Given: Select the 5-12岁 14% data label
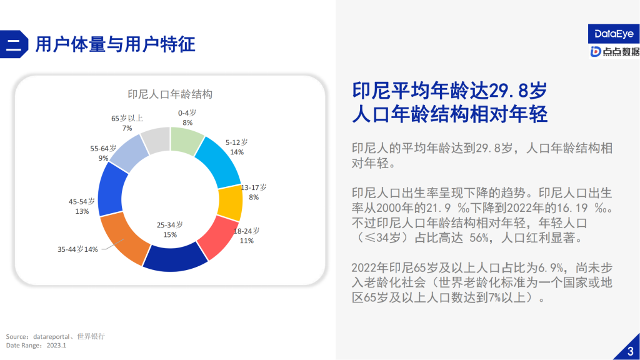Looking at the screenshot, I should pos(236,147).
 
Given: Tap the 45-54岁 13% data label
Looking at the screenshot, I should pos(82,206).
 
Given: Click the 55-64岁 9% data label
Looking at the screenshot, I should pos(103,153).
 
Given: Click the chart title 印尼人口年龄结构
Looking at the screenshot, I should pos(170,94).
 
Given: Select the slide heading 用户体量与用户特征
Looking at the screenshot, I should pos(116,44).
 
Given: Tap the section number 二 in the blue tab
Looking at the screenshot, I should pos(14,44).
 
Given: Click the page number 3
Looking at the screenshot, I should pos(629,350).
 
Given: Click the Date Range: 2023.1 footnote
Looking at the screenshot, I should pos(36,345).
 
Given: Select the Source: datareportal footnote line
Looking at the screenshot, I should pos(55,336).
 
